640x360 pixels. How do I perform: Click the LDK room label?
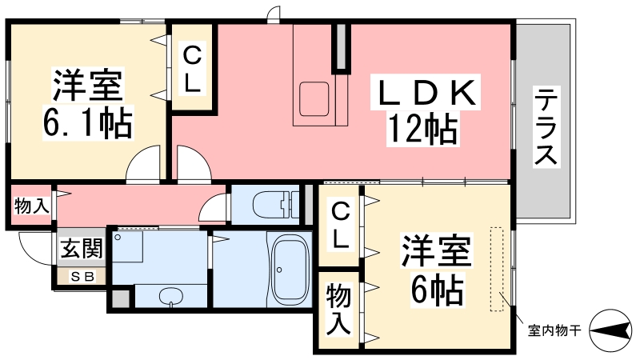pos(425,92)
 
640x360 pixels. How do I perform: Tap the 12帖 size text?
pos(423,129)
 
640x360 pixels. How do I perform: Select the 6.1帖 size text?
pos(88,122)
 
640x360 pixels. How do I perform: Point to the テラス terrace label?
pos(546,126)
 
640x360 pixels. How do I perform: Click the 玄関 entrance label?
pos(82,248)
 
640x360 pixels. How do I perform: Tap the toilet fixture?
pos(276,204)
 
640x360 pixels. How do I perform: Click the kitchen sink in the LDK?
pos(314,99)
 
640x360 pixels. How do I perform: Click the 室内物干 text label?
pos(554,330)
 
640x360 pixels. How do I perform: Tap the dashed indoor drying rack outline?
pos(497,269)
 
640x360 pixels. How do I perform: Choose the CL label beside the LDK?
pos(192,70)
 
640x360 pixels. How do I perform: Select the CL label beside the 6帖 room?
pos(341,226)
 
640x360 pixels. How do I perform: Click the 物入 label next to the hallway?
pos(32,206)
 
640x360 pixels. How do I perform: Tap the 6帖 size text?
pos(437,290)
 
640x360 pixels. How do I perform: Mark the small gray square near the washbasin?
pos(120,298)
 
